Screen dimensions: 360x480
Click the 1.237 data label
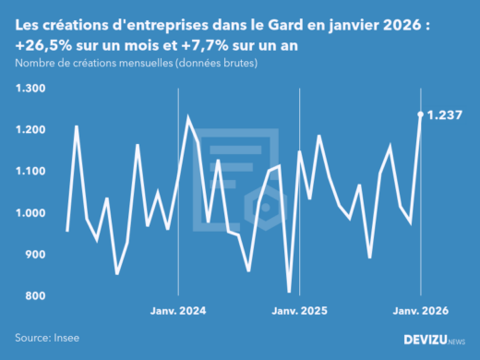click(446, 114)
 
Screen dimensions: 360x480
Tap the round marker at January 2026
click(421, 114)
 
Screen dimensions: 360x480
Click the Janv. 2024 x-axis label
click(178, 310)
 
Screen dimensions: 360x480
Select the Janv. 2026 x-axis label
click(421, 310)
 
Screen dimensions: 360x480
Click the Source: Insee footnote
click(46, 339)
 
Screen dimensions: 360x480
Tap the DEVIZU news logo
click(435, 340)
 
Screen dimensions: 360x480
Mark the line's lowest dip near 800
click(289, 292)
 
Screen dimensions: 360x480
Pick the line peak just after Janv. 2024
click(188, 118)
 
